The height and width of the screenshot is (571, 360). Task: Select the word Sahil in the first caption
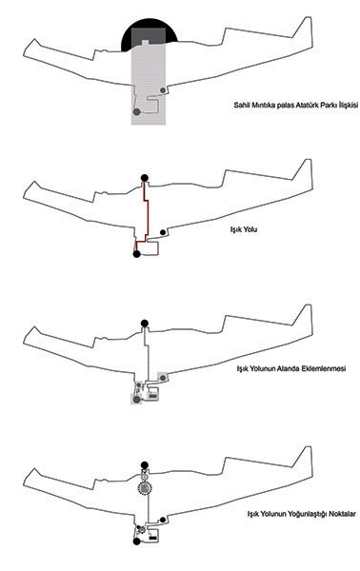point(241,105)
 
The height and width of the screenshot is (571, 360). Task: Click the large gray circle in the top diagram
point(136,111)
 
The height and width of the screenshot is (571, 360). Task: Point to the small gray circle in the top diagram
point(163,90)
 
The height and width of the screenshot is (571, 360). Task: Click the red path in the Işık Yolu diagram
point(148,211)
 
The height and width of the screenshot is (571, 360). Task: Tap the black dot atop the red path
point(145,178)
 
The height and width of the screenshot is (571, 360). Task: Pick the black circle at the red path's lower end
point(136,254)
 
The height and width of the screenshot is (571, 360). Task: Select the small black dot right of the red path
point(163,232)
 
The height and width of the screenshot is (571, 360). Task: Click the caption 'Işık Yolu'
point(244,229)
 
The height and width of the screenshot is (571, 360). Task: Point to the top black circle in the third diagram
point(145,323)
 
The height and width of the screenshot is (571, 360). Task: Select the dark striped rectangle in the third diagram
point(153,394)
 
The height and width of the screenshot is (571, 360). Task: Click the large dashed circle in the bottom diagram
point(145,488)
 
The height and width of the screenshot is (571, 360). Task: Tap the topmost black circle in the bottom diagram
point(145,465)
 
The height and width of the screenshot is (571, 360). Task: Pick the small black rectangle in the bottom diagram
point(153,537)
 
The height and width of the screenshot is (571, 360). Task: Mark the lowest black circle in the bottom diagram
point(136,541)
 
